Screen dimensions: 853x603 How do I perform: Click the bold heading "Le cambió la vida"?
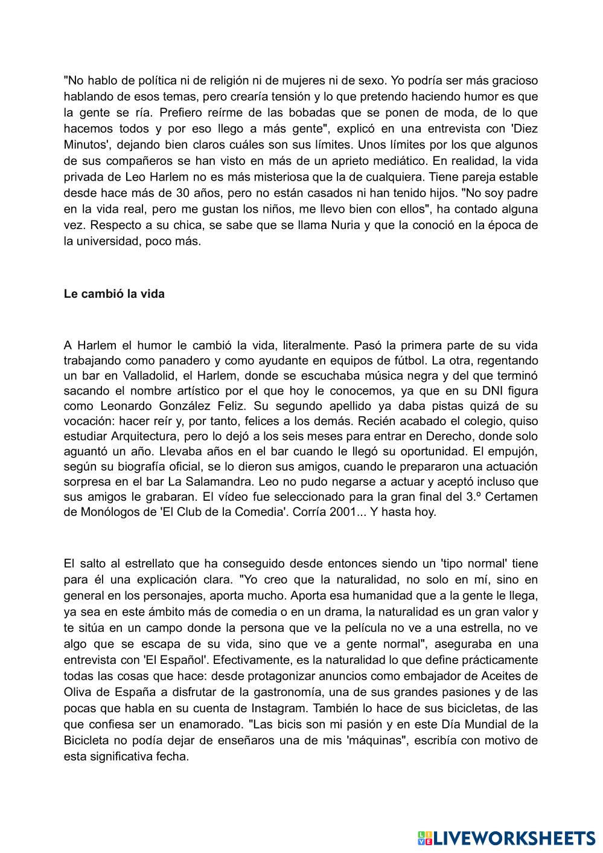click(x=114, y=294)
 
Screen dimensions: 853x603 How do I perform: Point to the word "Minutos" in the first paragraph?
click(x=85, y=145)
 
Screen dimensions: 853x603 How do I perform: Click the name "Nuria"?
click(x=346, y=225)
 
